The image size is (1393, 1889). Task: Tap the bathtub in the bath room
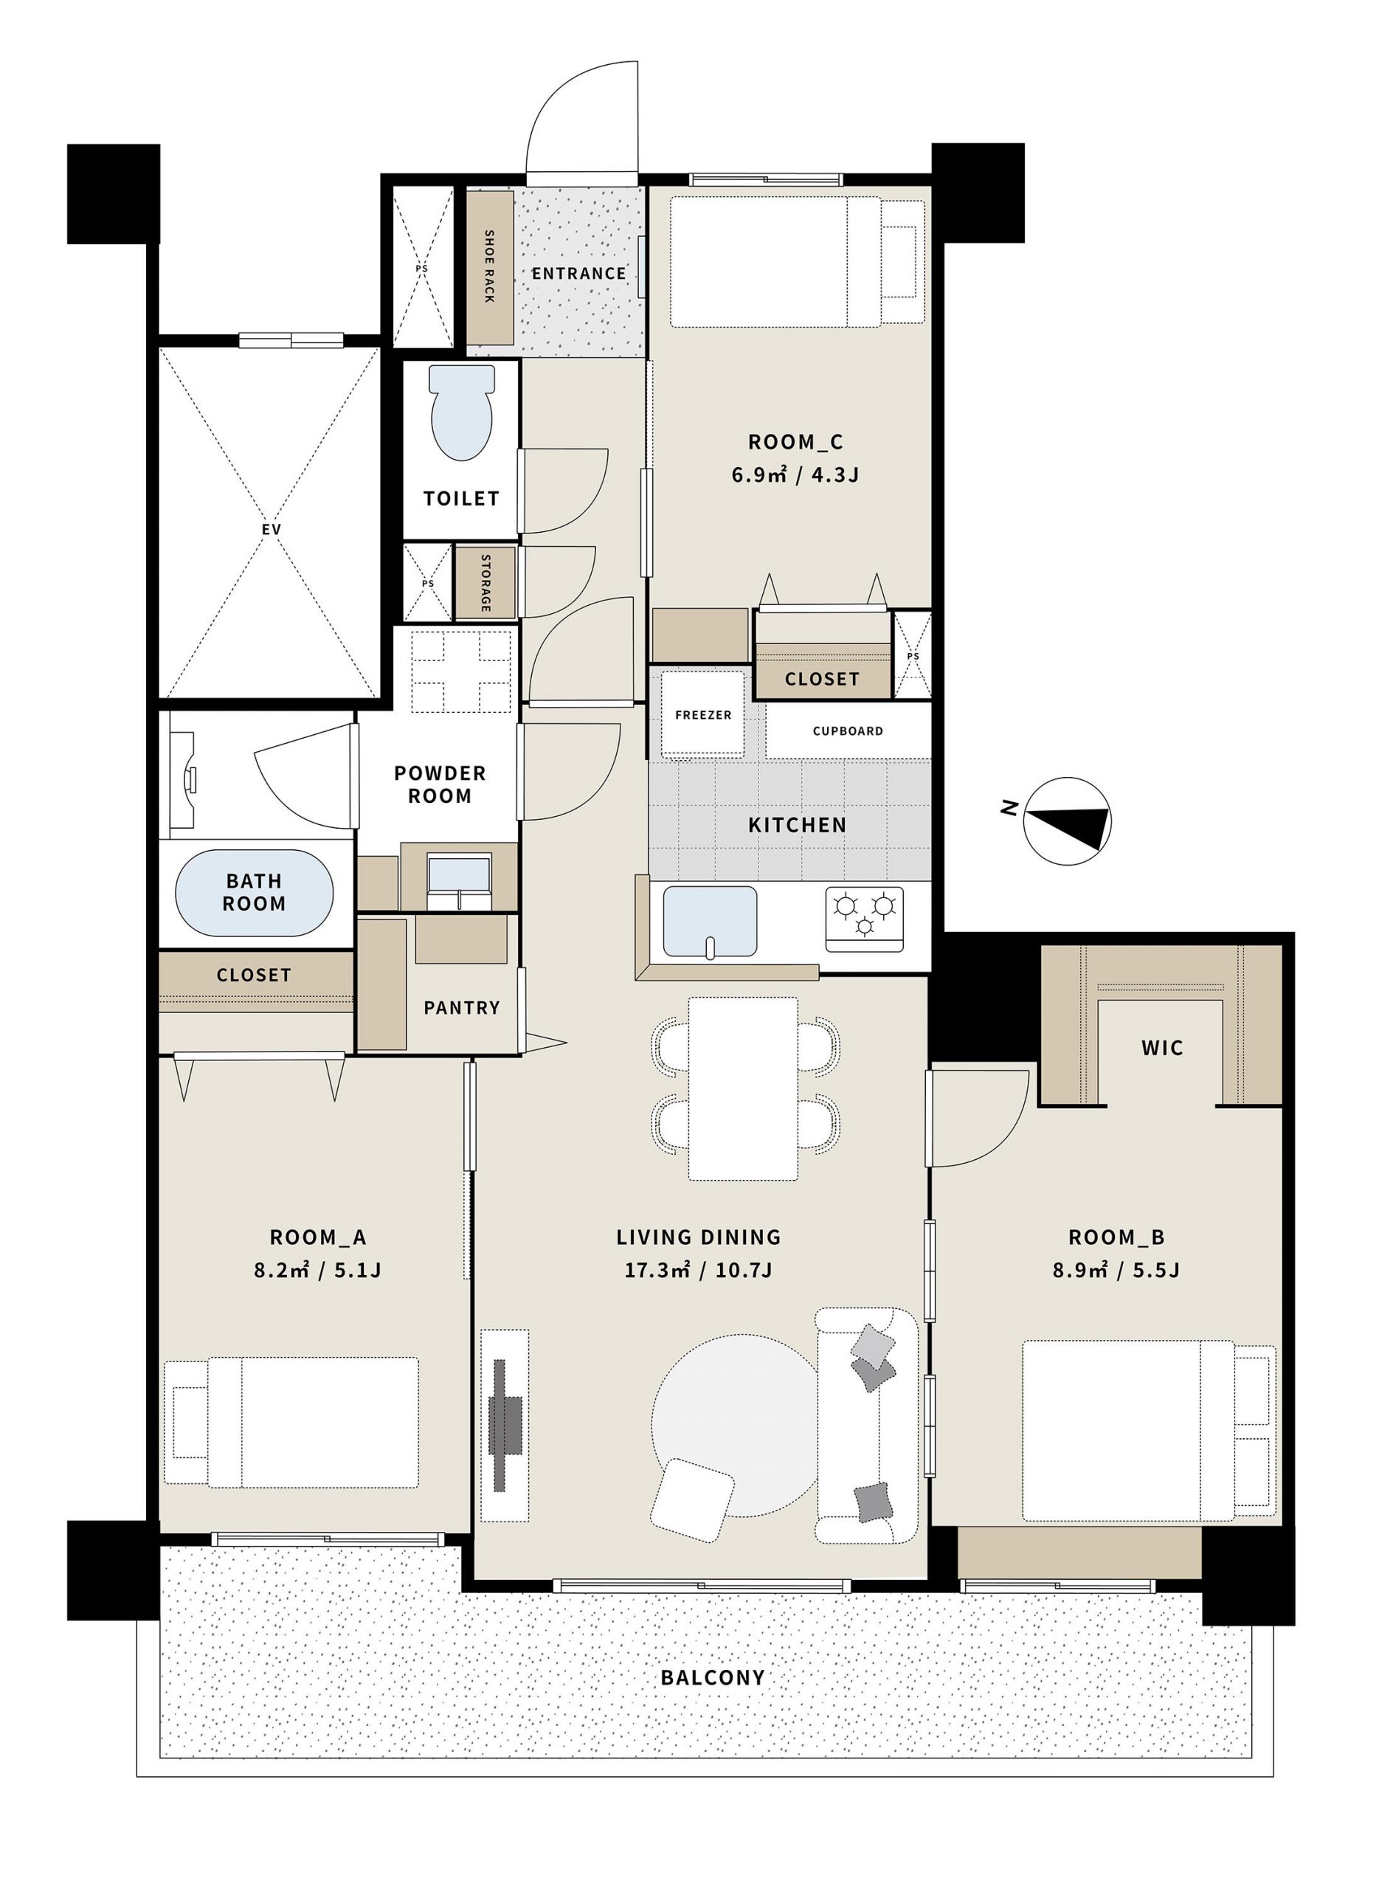pos(254,893)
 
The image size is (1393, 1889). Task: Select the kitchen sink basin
pos(710,922)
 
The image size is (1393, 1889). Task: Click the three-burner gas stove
pos(863,919)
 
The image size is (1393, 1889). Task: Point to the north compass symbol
pos(1067,821)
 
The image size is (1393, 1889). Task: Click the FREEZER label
pos(703,715)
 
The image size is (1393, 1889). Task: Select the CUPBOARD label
pos(848,731)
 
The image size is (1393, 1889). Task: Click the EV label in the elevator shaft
pos(271,530)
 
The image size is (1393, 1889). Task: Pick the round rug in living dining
pos(733,1424)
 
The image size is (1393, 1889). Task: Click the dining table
pos(743,1088)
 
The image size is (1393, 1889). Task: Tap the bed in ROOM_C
pos(797,261)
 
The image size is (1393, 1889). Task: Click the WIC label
pos(1162,1049)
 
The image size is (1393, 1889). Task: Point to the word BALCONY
pos(713,1677)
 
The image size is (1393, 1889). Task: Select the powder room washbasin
pos(460,878)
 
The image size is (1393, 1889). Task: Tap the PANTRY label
pos(461,1008)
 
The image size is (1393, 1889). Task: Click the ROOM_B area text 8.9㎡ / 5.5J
pos(1116,1270)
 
